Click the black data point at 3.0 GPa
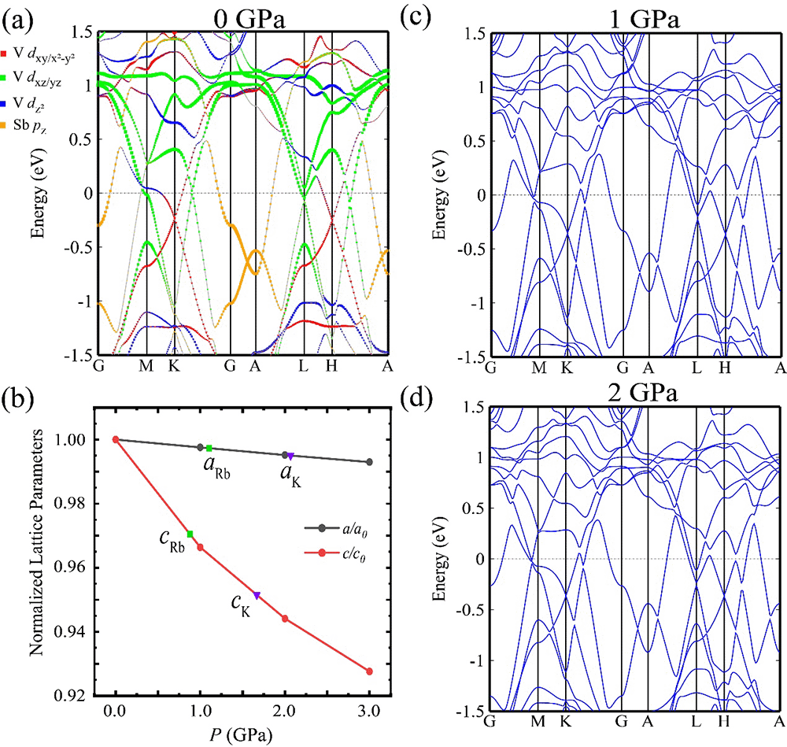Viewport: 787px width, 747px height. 369,462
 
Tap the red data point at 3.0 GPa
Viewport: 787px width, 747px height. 369,671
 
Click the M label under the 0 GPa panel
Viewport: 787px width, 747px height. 146,368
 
